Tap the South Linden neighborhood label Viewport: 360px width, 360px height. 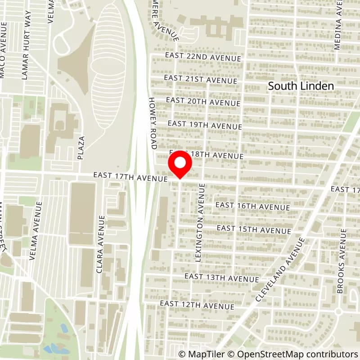click(301, 86)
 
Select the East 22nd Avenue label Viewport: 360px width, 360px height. click(203, 57)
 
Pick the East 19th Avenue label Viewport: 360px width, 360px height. click(205, 125)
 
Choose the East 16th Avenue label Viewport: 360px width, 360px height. click(253, 207)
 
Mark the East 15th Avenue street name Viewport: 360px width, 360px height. click(254, 229)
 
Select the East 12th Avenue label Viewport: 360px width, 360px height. click(197, 305)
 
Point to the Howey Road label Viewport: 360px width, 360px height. click(152, 124)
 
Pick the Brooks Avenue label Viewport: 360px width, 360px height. click(342, 261)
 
